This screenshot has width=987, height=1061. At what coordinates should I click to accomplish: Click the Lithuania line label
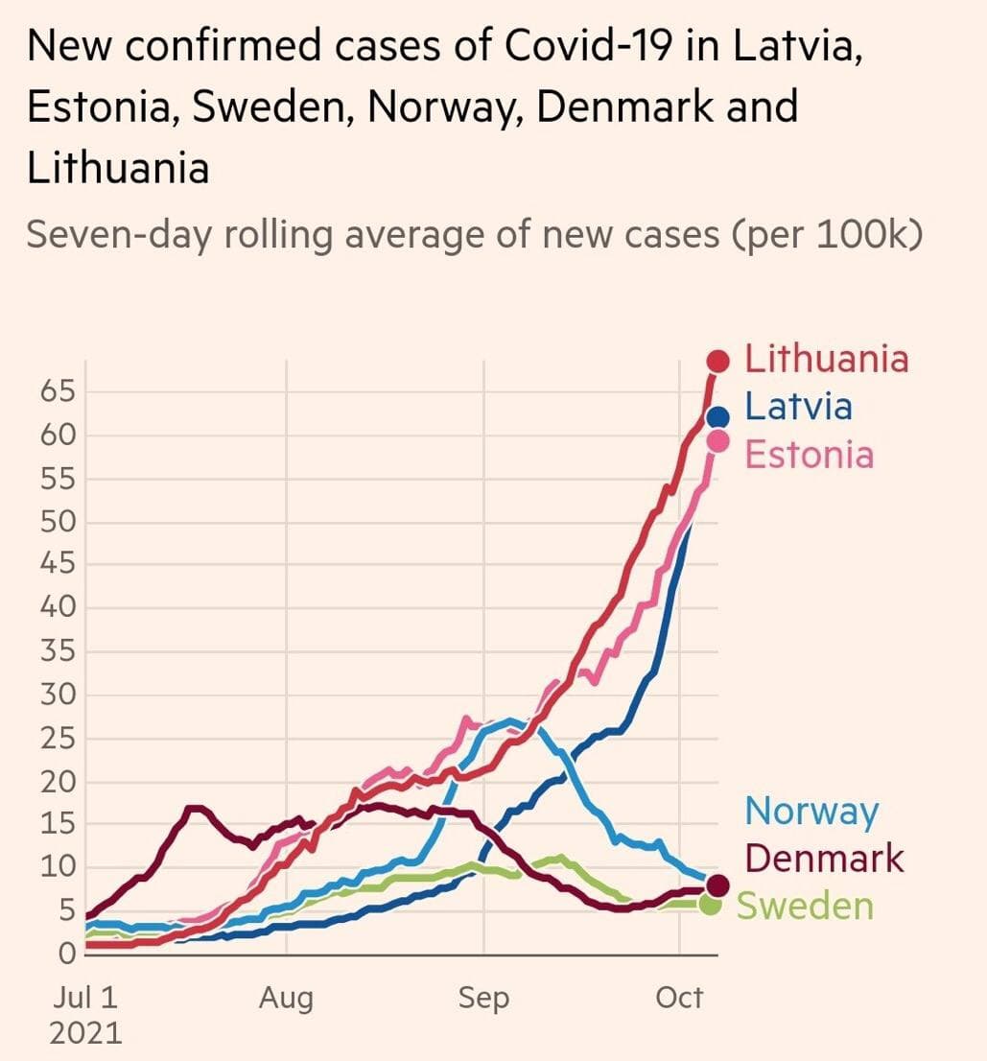click(826, 359)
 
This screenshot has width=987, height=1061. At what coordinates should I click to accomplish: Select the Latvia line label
click(798, 406)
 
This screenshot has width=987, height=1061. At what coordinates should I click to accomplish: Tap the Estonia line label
click(809, 454)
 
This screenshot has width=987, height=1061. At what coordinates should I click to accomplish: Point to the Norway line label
click(811, 812)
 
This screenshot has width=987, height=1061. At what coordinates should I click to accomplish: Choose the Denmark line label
click(824, 858)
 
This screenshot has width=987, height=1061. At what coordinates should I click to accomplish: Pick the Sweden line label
click(804, 906)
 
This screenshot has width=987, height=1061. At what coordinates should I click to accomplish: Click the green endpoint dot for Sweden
click(710, 904)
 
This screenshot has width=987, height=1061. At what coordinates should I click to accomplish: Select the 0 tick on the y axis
click(67, 955)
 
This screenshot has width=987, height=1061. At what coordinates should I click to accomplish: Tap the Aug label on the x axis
click(286, 999)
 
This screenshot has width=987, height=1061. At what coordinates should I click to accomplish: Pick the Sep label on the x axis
click(483, 999)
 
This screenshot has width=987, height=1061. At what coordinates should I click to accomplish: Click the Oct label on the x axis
click(679, 999)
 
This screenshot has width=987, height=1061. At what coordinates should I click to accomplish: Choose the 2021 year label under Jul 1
click(87, 1032)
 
